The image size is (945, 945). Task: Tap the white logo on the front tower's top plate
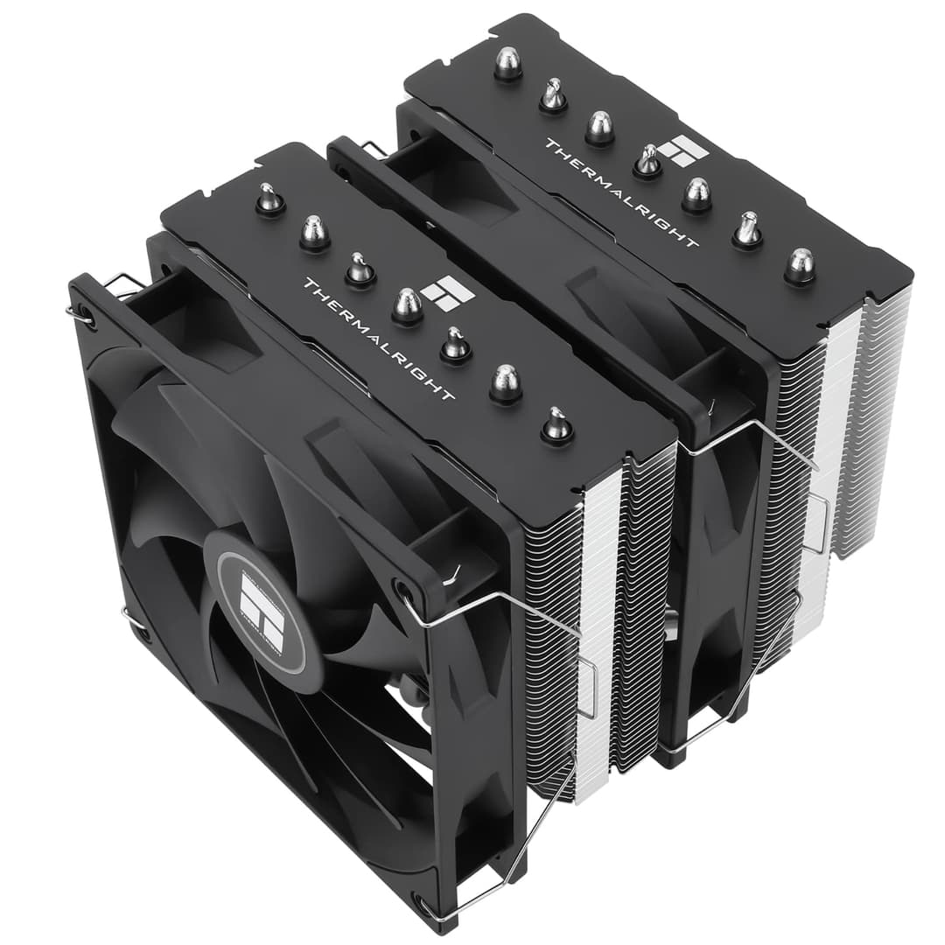point(447,293)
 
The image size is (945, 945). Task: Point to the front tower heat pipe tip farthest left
point(269,199)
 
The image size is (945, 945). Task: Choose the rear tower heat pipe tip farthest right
point(799,263)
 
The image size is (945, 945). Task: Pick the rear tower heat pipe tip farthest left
point(507,63)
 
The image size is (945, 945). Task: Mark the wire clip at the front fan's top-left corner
point(118,289)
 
